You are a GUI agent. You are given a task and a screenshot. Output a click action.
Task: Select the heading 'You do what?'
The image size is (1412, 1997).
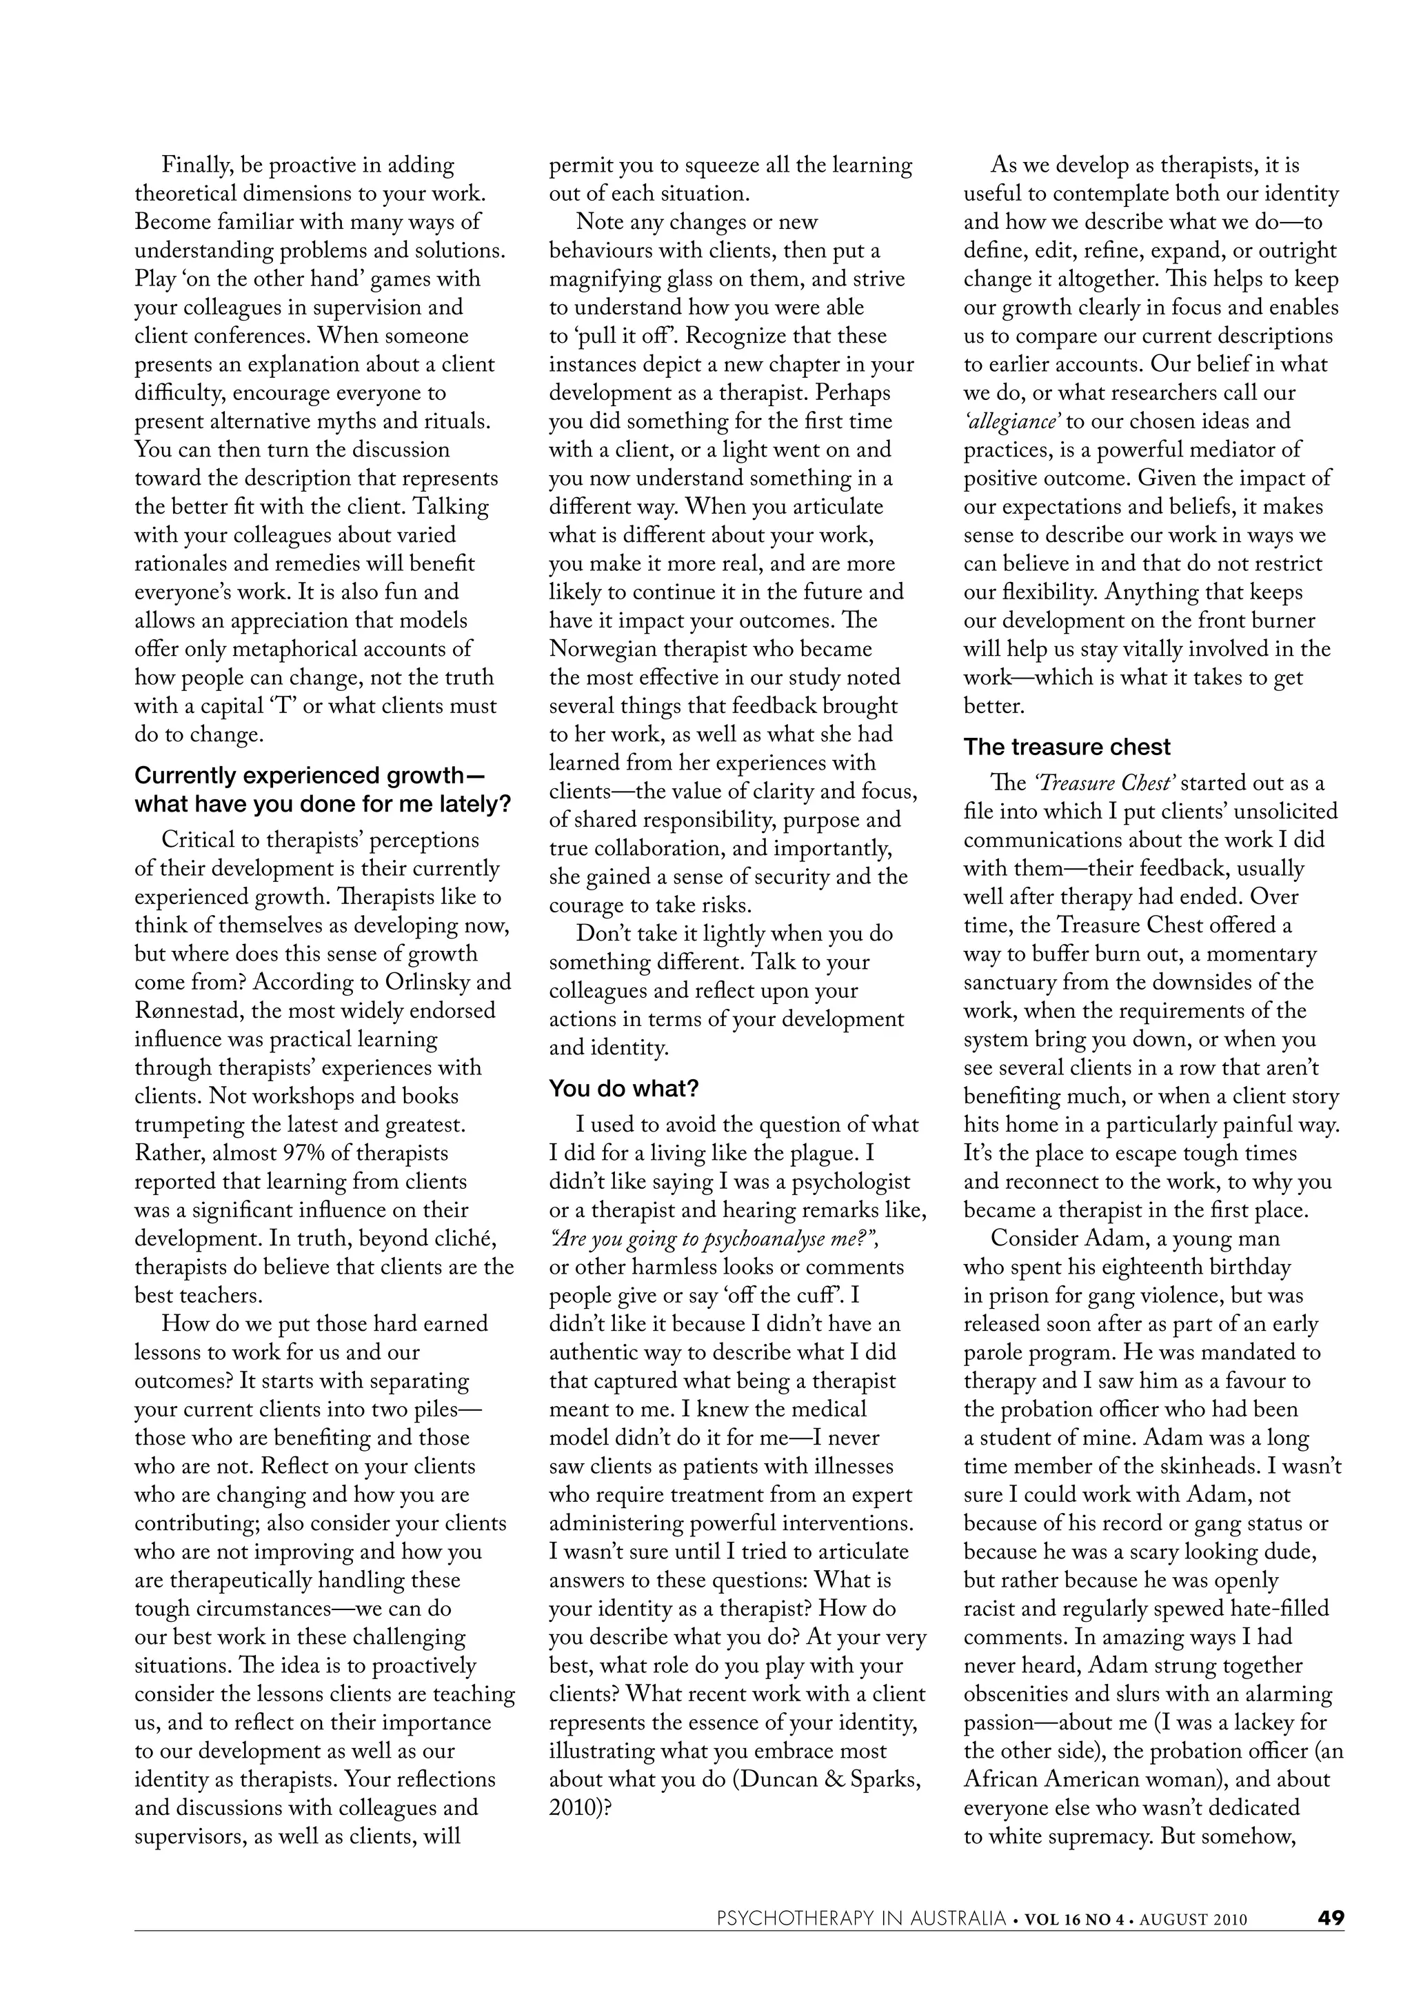coord(624,1089)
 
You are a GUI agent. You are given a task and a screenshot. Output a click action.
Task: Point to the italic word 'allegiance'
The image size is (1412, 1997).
coord(1012,422)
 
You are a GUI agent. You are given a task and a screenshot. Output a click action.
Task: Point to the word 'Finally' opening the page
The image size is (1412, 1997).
coord(194,165)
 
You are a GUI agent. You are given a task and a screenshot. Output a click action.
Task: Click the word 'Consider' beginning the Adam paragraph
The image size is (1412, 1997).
coord(1031,1238)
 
